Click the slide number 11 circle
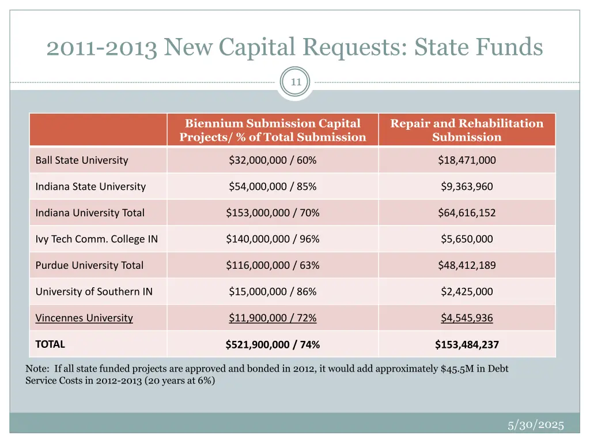296,82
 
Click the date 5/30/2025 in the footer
535,425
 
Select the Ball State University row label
82,160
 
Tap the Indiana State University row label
90,186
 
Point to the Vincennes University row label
84,318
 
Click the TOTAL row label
50,344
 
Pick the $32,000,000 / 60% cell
273,160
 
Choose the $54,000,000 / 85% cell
273,186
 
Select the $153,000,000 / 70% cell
273,213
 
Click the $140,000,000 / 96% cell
273,239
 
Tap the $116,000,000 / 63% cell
273,265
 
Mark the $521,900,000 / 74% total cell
273,345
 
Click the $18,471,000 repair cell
467,160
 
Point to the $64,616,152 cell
467,213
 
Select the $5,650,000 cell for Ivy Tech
467,239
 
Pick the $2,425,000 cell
467,291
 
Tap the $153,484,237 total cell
467,345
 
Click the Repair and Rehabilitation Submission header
467,130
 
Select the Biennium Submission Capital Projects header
273,130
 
